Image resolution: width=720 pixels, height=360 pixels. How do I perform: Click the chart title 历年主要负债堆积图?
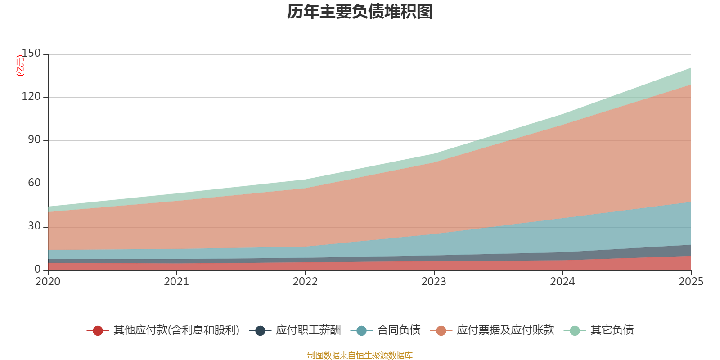click(x=360, y=12)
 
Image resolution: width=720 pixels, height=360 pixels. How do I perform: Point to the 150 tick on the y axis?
click(x=31, y=54)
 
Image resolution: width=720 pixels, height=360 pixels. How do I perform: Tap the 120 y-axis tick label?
click(x=31, y=97)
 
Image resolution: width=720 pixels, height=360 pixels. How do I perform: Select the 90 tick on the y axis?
click(x=34, y=140)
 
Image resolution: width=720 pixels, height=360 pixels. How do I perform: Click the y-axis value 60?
click(x=34, y=183)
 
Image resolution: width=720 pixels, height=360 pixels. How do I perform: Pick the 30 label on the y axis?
click(x=34, y=226)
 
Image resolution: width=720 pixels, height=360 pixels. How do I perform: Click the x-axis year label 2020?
click(x=48, y=282)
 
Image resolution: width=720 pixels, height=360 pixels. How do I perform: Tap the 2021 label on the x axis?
click(x=176, y=282)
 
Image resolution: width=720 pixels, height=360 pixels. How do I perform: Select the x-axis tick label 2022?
click(x=305, y=282)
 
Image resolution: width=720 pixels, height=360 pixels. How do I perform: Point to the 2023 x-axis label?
click(x=434, y=282)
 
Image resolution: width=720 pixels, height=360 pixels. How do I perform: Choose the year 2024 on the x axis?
click(x=562, y=282)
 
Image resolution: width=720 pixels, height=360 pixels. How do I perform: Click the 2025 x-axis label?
click(x=691, y=282)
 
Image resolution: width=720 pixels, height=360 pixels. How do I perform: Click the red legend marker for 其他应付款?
click(x=98, y=331)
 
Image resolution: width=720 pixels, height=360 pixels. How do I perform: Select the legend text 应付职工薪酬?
click(x=308, y=330)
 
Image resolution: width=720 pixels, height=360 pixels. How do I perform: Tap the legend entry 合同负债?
click(x=399, y=330)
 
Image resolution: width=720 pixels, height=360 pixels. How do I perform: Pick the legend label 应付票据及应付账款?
click(x=505, y=330)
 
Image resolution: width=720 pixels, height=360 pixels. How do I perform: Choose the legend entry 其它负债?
click(x=612, y=330)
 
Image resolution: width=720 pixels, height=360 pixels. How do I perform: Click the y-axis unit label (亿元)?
click(x=20, y=66)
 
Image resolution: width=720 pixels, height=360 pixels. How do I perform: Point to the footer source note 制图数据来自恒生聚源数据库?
click(x=360, y=355)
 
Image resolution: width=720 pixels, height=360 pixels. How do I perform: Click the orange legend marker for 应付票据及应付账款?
click(x=441, y=331)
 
